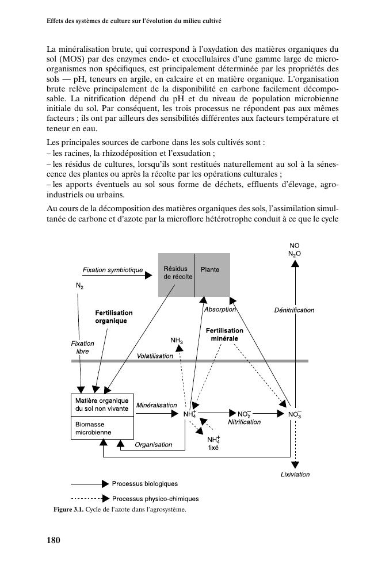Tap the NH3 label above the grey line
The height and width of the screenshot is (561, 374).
(x=177, y=341)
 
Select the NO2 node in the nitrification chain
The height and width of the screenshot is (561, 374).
(x=244, y=414)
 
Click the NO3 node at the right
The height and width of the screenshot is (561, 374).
(x=294, y=414)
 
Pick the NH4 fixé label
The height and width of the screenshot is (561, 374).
(x=213, y=443)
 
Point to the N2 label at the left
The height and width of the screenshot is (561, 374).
(x=79, y=285)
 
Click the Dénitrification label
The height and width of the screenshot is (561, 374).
(x=294, y=310)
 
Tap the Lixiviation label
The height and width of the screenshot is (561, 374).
(x=295, y=475)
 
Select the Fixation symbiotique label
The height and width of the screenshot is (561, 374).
(x=113, y=270)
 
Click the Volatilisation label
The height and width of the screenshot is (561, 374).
(x=155, y=356)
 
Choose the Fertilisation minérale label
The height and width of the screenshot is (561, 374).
(x=224, y=335)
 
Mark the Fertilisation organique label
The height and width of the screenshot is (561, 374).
(x=113, y=316)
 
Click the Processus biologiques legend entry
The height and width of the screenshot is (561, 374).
(x=144, y=484)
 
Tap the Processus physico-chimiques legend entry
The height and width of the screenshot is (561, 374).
(x=155, y=499)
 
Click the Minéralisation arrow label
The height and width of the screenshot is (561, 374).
(x=157, y=405)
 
